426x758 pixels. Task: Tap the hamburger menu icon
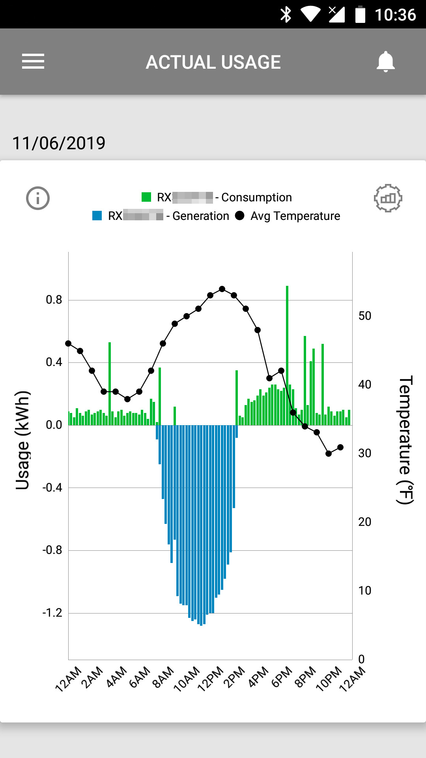click(33, 62)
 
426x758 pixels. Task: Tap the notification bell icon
click(385, 62)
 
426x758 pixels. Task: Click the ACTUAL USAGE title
click(213, 62)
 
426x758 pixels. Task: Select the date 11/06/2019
click(59, 143)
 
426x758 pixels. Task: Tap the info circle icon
click(38, 198)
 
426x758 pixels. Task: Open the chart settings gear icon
click(388, 198)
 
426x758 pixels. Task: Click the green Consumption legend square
click(146, 197)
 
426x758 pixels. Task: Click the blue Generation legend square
click(97, 216)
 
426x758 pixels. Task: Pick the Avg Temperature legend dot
click(239, 216)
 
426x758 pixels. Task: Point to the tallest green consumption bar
click(287, 355)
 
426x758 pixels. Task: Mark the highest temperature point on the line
click(222, 289)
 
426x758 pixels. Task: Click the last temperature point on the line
click(340, 447)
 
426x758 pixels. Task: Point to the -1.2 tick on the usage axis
click(52, 613)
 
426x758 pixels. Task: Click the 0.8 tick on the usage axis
click(54, 300)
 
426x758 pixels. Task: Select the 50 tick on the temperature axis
click(365, 316)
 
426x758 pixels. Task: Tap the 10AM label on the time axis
click(187, 679)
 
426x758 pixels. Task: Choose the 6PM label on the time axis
click(282, 677)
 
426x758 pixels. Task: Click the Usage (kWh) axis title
click(22, 440)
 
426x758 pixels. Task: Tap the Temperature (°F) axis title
click(405, 440)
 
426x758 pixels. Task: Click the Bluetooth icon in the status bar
click(286, 15)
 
